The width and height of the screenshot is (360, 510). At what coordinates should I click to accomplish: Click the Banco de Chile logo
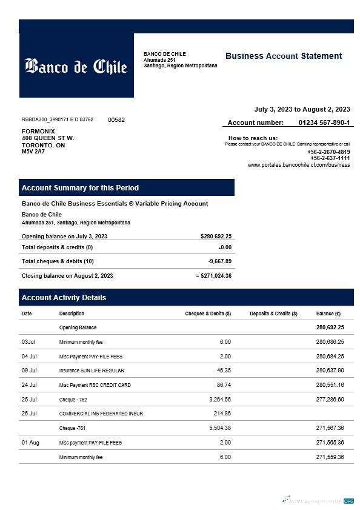point(76,65)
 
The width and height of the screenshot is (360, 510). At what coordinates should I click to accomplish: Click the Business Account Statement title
point(284,56)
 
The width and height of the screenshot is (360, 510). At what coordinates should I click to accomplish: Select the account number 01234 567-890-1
point(324,122)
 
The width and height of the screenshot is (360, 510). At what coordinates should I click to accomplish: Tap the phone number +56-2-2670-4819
point(328,152)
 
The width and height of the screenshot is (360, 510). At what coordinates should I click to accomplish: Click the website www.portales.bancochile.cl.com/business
point(298,165)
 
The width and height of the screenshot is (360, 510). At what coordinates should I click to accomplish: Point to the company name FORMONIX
point(38,131)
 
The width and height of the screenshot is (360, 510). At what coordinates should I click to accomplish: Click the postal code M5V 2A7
point(33,152)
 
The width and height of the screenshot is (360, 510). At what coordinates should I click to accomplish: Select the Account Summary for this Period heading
point(80,188)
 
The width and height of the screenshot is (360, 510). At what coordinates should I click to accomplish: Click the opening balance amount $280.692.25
point(216,237)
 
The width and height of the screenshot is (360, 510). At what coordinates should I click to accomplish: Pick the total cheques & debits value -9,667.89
point(219,261)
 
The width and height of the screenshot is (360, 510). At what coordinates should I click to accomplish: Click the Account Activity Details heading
point(64,298)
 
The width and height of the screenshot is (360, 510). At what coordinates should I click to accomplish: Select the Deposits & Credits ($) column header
point(273,314)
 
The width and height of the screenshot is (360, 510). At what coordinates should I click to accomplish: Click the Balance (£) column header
point(328,314)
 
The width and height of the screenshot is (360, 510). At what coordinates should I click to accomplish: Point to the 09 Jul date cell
point(29,371)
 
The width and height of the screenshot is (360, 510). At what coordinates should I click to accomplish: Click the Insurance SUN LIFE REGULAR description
point(91,371)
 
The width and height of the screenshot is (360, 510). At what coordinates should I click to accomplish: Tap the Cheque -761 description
point(67,428)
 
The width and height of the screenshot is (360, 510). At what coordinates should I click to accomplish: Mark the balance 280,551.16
point(330,385)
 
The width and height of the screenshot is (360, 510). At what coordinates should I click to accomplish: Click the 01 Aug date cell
point(30,443)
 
